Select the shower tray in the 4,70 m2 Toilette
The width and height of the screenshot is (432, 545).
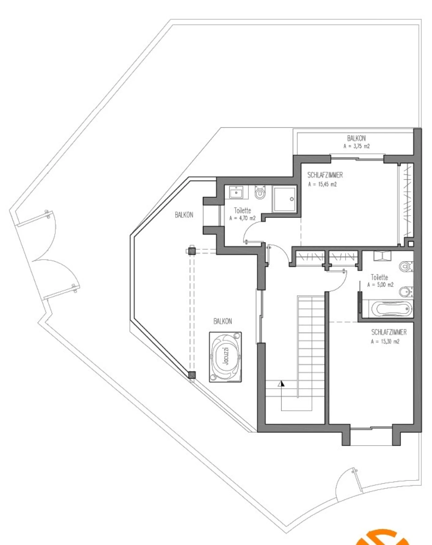pos(284,200)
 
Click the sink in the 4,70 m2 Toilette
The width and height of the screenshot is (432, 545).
pos(236,193)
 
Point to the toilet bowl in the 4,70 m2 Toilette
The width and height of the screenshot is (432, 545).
pos(260,193)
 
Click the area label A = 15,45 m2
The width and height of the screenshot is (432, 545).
pos(323,184)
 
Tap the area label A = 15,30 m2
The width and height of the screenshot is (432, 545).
pos(385,342)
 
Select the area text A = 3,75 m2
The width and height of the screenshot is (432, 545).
pos(357,146)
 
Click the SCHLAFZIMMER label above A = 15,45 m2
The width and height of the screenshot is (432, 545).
pos(325,175)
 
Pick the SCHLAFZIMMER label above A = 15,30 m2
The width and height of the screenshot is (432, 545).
pos(389,332)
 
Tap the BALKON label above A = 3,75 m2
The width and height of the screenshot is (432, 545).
pos(356,138)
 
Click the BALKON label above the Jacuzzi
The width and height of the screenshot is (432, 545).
pos(222,321)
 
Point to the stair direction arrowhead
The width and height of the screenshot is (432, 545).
pos(281,384)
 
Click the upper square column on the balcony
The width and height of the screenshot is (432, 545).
pos(192,251)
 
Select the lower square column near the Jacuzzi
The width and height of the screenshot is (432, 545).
pos(192,375)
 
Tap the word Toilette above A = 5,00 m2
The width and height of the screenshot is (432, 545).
pos(379,277)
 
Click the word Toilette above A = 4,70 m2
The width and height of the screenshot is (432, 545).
pos(242,210)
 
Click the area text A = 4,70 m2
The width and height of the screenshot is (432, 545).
pos(242,218)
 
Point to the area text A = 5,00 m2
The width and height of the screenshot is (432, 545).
pos(380,284)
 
